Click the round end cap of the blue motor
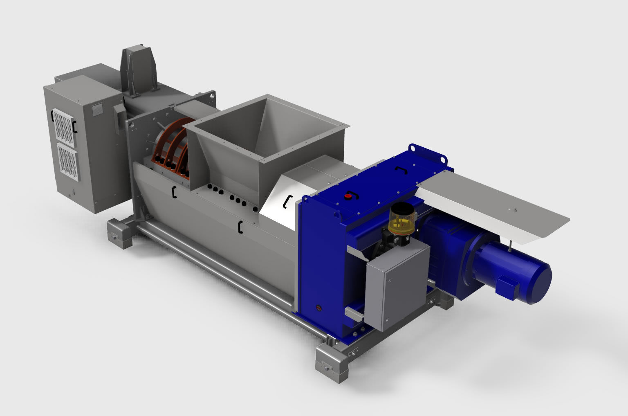[539, 281]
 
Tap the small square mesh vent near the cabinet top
[97, 108]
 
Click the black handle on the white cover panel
[288, 200]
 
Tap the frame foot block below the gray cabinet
[119, 234]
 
